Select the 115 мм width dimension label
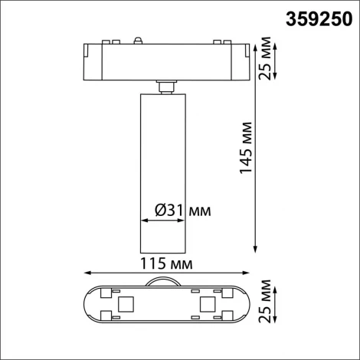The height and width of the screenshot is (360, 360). pyautogui.click(x=168, y=263)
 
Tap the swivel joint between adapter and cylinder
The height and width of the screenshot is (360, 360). pyautogui.click(x=164, y=86)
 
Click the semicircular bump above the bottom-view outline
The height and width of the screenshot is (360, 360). pyautogui.click(x=165, y=282)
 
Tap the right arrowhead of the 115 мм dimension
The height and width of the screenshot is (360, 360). pyautogui.click(x=251, y=272)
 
